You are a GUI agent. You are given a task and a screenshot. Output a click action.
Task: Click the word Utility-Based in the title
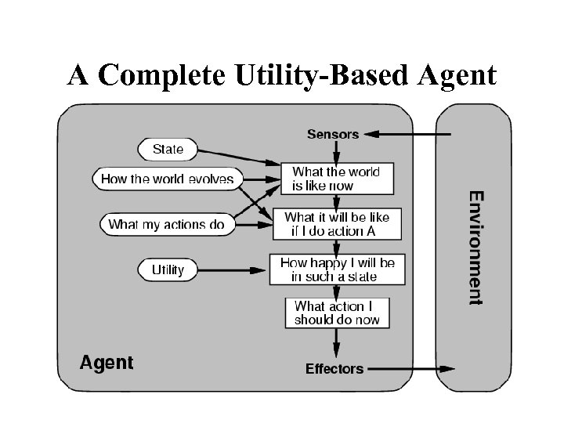322,76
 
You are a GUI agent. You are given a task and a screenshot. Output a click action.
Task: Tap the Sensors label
333,134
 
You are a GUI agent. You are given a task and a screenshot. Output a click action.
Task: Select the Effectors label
334,368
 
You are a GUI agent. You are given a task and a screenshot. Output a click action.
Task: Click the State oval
168,149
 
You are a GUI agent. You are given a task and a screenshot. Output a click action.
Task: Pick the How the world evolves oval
167,179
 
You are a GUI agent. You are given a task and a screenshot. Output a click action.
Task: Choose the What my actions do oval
166,224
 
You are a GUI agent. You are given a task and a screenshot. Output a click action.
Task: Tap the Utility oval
168,269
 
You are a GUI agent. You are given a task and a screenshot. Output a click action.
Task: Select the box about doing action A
336,223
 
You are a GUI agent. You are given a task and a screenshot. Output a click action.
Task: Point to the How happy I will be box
337,269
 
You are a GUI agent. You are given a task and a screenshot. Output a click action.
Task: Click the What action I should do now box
337,313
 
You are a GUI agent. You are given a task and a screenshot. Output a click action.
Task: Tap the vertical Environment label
475,247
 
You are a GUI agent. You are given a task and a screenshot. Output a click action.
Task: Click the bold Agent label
107,363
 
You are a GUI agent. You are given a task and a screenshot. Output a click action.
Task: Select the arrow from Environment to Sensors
407,134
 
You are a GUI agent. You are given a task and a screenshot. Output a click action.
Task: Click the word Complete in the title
161,76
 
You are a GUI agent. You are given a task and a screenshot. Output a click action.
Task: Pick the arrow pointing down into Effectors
337,343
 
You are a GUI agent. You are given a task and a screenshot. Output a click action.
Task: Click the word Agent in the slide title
457,76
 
